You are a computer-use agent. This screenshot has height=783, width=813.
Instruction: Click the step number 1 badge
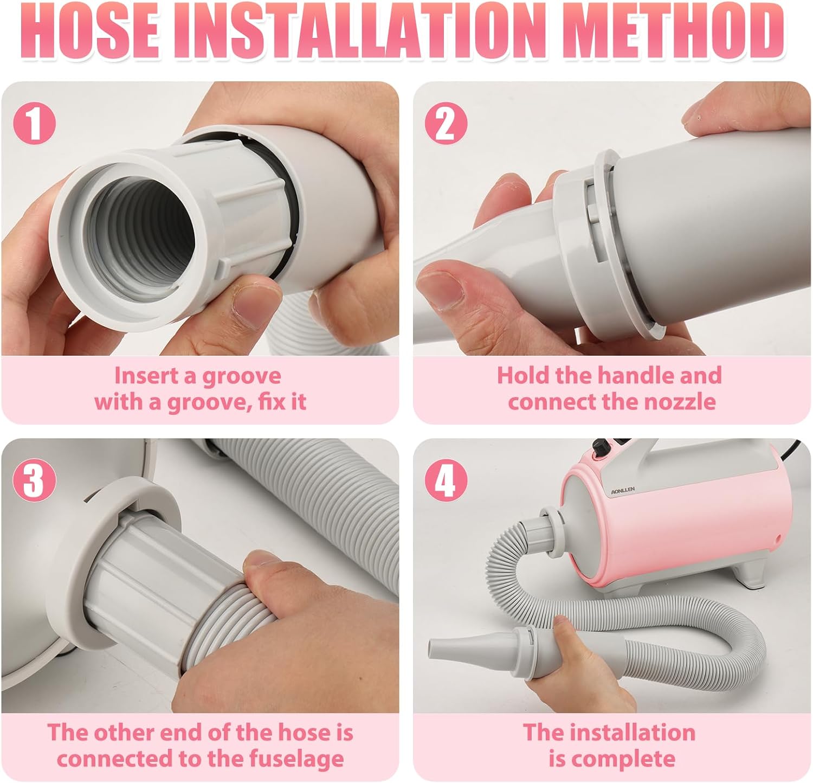34,124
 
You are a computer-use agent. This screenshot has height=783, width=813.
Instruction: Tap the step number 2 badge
446,124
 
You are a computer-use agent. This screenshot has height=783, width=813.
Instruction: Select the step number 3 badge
34,481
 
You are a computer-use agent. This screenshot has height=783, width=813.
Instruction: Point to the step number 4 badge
446,481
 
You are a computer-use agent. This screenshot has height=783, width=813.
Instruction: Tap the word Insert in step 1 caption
146,376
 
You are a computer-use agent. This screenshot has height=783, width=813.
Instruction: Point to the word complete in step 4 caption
624,759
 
